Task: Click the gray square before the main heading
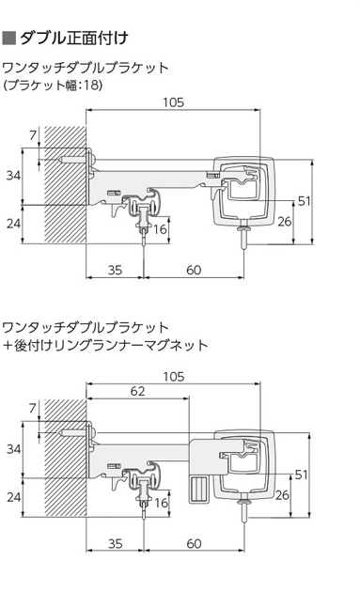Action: point(8,39)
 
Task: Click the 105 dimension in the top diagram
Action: point(173,102)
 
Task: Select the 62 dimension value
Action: point(137,391)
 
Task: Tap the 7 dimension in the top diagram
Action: point(33,134)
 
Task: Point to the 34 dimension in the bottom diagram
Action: point(13,449)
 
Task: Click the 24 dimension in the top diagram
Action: point(13,223)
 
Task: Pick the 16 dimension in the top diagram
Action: point(160,228)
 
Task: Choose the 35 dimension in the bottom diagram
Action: point(116,544)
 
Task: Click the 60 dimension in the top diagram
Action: point(194,270)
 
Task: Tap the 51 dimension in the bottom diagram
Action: point(302,475)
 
